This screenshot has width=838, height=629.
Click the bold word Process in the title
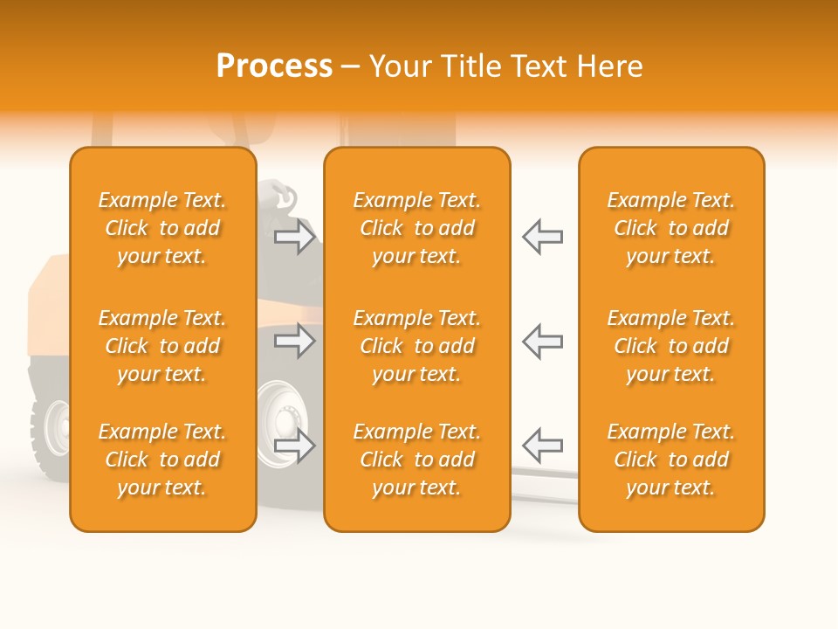274,66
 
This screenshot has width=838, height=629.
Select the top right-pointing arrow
295,237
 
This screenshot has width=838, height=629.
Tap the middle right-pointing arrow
295,341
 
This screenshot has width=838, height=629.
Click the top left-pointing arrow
543,237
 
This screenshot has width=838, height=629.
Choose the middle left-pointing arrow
543,341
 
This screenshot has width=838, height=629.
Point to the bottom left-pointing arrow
543,446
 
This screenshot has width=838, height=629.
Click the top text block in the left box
162,228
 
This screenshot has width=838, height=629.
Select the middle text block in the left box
162,346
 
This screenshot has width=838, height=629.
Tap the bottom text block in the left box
162,460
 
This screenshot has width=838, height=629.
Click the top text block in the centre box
417,228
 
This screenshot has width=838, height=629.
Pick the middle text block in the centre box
417,346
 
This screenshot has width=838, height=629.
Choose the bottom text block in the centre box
417,460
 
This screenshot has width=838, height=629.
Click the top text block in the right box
671,228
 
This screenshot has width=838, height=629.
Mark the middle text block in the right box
671,346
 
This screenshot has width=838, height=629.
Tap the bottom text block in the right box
671,460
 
